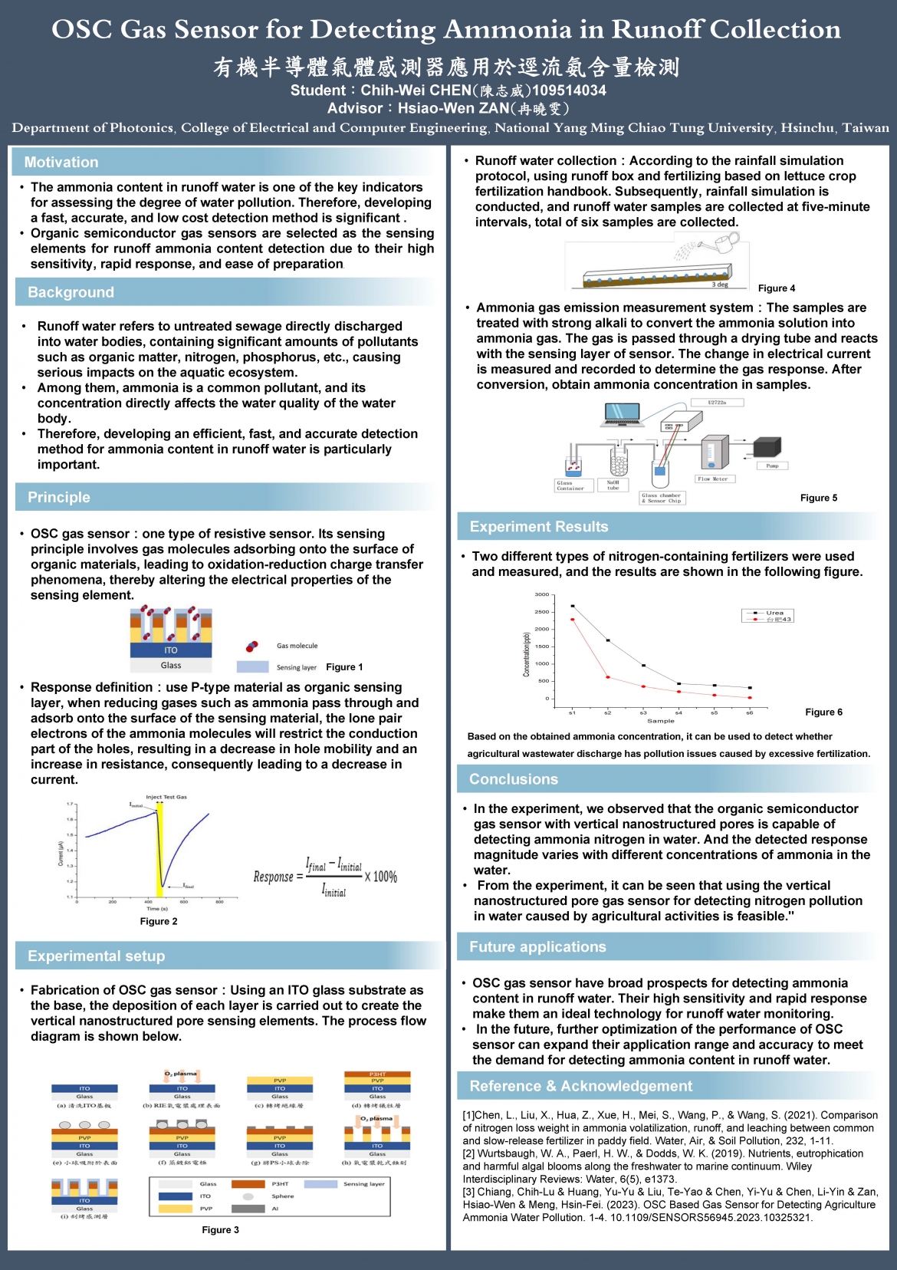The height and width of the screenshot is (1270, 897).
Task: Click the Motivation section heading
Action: [x=61, y=163]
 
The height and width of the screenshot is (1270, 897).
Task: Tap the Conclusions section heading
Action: [x=514, y=779]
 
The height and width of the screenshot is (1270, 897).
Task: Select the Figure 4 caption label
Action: [x=776, y=288]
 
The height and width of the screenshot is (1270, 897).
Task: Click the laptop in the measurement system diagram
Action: [x=622, y=415]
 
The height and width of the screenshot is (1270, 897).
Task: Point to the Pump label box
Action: [x=772, y=466]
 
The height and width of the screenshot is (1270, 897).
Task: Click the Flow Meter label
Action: [x=712, y=479]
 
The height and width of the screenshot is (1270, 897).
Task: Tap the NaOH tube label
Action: [x=613, y=485]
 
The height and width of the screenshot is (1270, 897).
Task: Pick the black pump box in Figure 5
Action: [x=767, y=446]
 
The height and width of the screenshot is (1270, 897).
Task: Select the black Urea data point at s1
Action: [x=573, y=606]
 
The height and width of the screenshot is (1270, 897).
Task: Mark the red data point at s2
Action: [x=608, y=677]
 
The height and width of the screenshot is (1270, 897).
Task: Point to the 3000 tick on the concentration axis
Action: [x=542, y=594]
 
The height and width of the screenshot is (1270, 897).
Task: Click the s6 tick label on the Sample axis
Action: [x=750, y=713]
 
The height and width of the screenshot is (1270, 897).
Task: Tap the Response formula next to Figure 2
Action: [x=326, y=877]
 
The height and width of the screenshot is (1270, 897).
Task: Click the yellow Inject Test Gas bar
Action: [x=159, y=847]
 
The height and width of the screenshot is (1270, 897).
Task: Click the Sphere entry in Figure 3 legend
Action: [x=282, y=1196]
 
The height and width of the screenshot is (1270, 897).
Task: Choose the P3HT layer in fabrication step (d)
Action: [x=377, y=1074]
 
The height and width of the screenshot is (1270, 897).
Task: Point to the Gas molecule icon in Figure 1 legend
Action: [x=251, y=647]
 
